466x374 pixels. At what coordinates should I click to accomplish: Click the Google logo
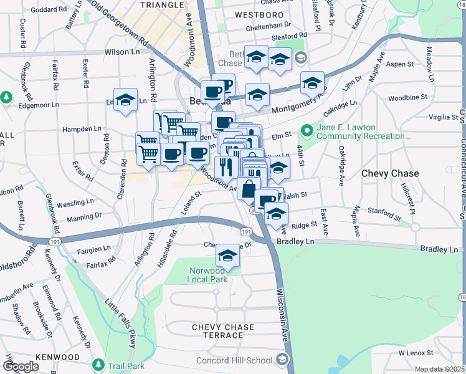pos(21,366)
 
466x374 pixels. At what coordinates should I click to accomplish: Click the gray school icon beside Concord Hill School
pos(282,360)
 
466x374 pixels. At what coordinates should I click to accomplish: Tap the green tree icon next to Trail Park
pos(97,363)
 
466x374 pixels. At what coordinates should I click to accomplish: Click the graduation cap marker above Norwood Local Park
pos(228,256)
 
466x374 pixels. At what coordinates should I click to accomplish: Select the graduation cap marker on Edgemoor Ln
pos(125,100)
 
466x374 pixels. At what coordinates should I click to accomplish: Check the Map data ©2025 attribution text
pos(439,369)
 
